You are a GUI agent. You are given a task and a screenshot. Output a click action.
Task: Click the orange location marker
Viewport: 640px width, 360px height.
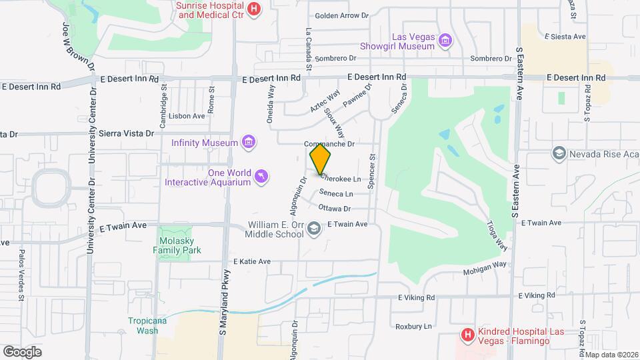[320, 159]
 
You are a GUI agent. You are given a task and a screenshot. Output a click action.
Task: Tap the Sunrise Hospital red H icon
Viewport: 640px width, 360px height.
[253, 9]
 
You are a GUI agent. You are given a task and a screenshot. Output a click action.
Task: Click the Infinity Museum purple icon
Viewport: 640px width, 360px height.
[249, 142]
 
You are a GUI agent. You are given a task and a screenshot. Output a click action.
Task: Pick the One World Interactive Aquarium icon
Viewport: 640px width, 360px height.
[262, 177]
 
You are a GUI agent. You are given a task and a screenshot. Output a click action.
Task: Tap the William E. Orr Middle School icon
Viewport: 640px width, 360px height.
[313, 229]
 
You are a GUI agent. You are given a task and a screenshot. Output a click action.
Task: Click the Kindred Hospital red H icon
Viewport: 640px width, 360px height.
[467, 334]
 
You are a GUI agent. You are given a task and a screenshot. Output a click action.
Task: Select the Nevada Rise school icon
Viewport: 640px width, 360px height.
[558, 154]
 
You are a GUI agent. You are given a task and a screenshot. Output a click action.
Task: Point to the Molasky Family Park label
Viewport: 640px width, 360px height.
[178, 244]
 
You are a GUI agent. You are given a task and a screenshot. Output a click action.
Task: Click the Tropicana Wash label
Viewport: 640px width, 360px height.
[143, 325]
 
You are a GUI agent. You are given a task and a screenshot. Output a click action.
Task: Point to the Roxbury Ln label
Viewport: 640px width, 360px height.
[414, 327]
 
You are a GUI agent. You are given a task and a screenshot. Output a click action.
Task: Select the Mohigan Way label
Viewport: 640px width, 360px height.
[485, 269]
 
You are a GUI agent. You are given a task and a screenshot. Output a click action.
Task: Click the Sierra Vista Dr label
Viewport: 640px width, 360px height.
[126, 133]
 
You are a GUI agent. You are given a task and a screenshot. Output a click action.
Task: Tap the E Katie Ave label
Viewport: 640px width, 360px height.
[252, 261]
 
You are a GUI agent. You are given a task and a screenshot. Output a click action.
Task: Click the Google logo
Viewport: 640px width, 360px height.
[22, 351]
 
